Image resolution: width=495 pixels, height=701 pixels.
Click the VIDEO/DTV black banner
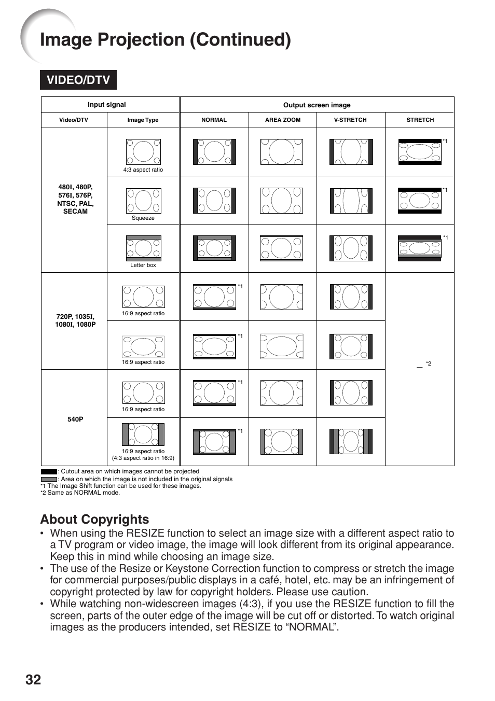(78, 80)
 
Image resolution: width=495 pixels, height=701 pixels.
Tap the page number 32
(33, 680)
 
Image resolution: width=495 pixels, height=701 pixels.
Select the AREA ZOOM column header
(282, 120)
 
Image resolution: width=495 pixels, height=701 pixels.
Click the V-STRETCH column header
(350, 120)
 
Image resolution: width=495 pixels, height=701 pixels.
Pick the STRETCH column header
(420, 120)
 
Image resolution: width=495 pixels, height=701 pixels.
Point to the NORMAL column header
(214, 120)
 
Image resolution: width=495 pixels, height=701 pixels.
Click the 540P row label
(75, 419)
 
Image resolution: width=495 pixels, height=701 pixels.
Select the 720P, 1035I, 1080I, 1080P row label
(75, 320)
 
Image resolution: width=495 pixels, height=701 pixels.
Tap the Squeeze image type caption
(143, 218)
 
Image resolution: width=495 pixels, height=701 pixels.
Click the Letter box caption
(143, 265)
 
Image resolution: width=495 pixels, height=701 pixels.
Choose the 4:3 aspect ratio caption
(143, 170)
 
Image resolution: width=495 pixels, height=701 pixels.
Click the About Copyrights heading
(94, 519)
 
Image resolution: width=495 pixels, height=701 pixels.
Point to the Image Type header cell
(143, 120)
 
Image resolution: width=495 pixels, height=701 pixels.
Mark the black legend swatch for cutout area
(49, 472)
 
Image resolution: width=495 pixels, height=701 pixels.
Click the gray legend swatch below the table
(49, 479)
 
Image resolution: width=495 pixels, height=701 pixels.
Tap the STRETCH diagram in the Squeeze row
(420, 201)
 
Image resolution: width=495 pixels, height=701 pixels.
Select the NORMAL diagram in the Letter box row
(214, 248)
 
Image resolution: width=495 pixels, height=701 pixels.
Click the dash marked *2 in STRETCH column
(420, 366)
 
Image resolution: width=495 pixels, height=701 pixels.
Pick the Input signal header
(106, 104)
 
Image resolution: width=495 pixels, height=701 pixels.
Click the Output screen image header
(317, 105)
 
